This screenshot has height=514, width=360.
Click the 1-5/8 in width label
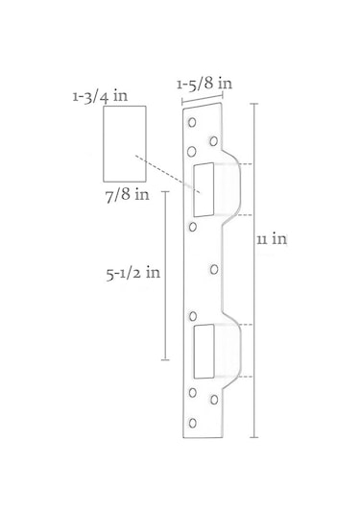pyautogui.click(x=204, y=84)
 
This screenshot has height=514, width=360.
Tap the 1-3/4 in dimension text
pyautogui.click(x=100, y=96)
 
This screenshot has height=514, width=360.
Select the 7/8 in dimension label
pyautogui.click(x=127, y=195)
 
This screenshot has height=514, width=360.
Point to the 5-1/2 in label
pyautogui.click(x=133, y=273)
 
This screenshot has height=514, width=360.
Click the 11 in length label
pyautogui.click(x=272, y=239)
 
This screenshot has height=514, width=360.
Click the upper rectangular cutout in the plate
pyautogui.click(x=204, y=189)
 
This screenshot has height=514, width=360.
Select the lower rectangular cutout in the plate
pyautogui.click(x=204, y=351)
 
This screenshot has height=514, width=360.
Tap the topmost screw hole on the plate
pyautogui.click(x=192, y=122)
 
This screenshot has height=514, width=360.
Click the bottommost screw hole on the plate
pyautogui.click(x=193, y=423)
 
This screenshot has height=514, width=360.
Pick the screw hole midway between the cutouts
pyautogui.click(x=214, y=269)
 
